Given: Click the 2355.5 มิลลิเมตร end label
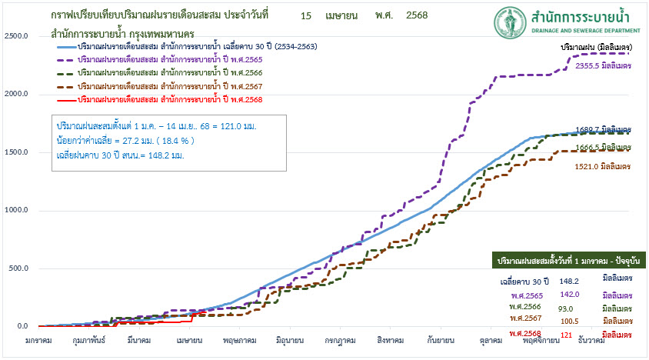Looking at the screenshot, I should (x=604, y=66).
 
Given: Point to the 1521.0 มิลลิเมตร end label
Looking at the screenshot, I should (x=604, y=165).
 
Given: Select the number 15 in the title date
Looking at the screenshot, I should (x=306, y=15).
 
